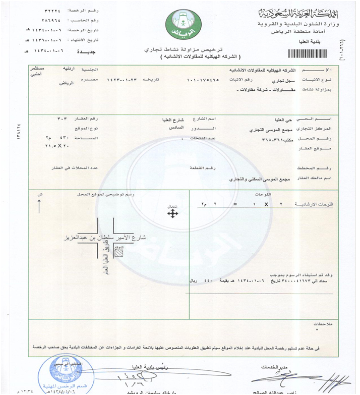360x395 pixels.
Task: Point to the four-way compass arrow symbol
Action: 173,214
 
